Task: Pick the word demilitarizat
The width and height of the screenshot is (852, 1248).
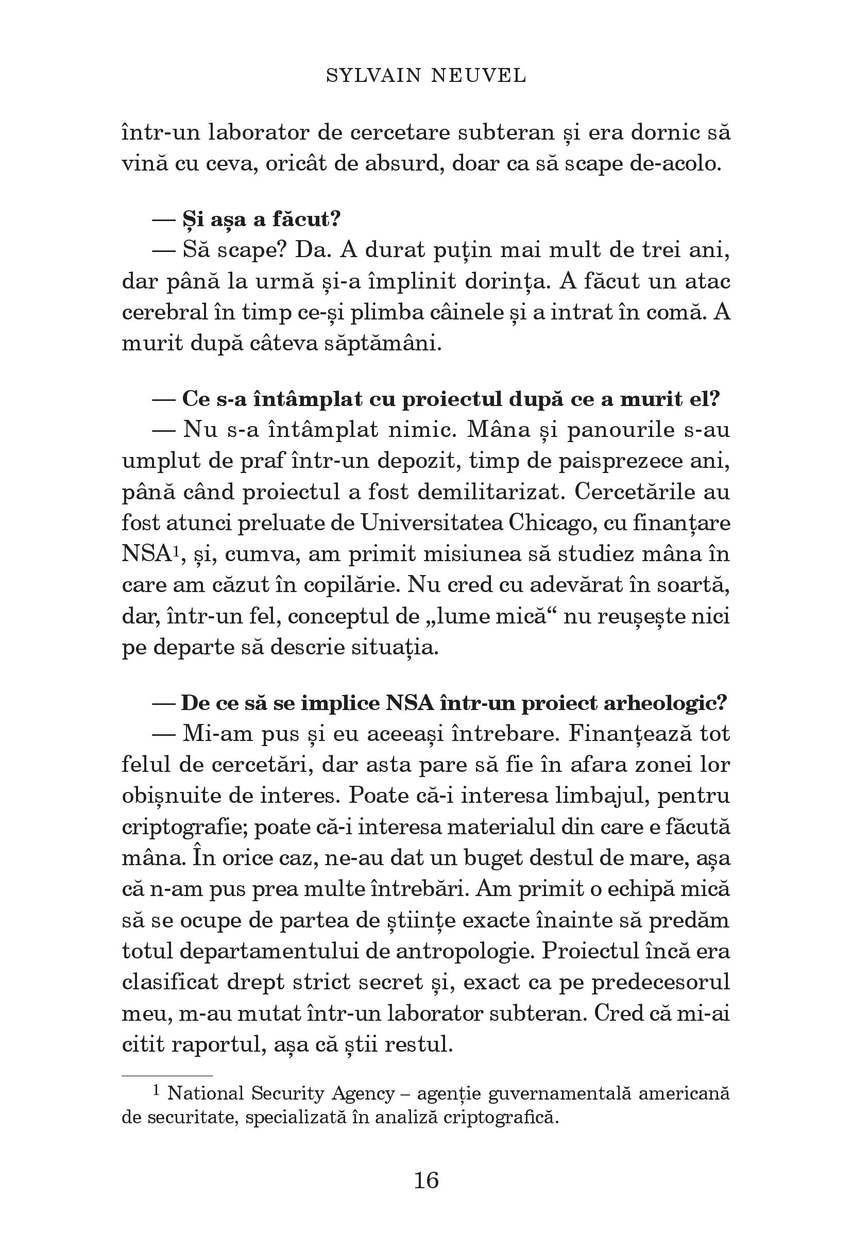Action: (x=488, y=492)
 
